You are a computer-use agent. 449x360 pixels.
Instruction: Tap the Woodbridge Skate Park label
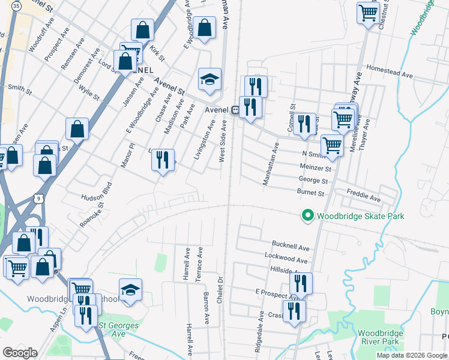tap(360, 216)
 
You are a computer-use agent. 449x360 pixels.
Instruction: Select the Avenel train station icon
tap(236, 110)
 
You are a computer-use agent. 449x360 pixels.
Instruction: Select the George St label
tap(313, 181)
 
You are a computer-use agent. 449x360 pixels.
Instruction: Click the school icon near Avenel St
tap(209, 80)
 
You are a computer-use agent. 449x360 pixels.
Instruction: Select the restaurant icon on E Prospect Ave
tap(301, 283)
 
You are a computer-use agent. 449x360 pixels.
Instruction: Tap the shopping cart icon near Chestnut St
tap(367, 12)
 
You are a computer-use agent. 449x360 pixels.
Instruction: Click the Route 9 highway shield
tap(38, 197)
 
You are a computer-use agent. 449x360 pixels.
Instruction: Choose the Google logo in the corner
tap(20, 353)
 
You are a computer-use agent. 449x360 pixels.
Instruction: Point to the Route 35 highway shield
tap(17, 5)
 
